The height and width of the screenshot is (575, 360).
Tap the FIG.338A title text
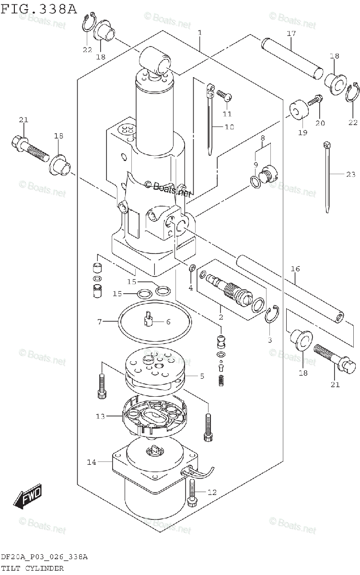39,9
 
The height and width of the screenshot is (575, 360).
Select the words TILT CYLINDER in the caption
32,568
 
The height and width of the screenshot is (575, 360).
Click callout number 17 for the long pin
291,34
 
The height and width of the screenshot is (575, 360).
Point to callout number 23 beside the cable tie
351,174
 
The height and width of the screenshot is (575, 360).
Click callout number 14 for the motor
92,462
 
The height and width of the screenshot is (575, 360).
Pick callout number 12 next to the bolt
212,492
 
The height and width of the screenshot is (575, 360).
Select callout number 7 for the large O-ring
100,322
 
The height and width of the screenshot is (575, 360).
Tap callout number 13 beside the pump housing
100,416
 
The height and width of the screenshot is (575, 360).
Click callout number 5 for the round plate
202,376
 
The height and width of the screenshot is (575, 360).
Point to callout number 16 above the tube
295,269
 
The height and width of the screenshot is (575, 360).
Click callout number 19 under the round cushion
303,132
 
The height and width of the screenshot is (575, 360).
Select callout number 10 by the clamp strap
229,127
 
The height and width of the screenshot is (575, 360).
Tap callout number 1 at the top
200,33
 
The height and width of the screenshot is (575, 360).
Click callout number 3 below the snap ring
269,340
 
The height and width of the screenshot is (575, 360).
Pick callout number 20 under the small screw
320,123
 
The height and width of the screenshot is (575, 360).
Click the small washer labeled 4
191,268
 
